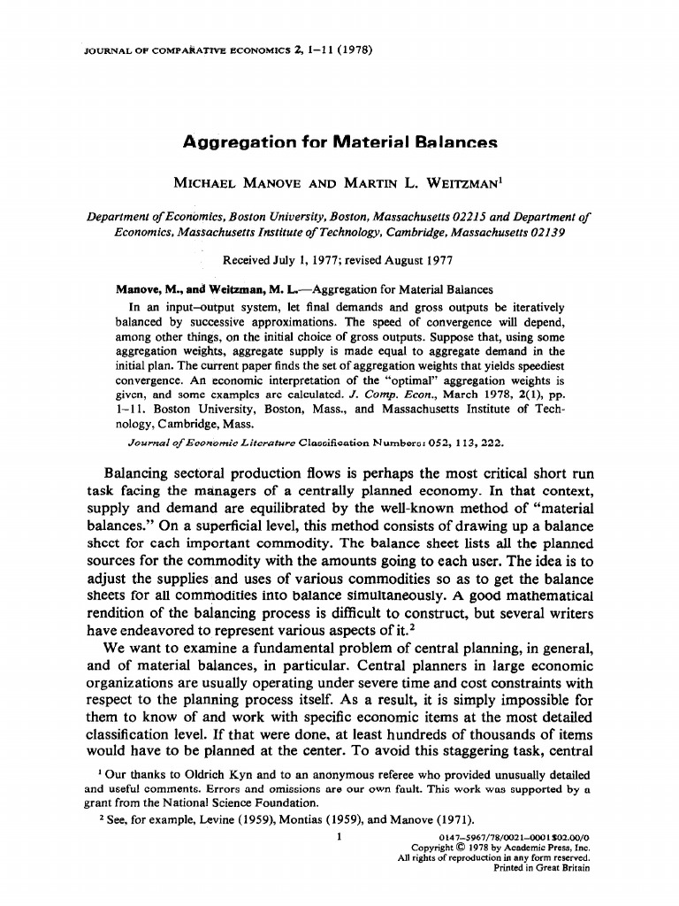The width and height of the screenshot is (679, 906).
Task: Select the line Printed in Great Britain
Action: point(541,868)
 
